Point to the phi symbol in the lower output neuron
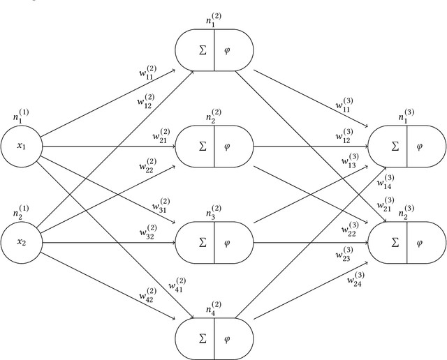(x=420, y=243)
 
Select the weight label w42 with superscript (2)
(x=147, y=294)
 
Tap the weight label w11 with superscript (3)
(x=344, y=107)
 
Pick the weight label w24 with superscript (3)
(x=356, y=280)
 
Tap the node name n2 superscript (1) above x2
(x=21, y=211)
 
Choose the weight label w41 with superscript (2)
(x=177, y=285)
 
